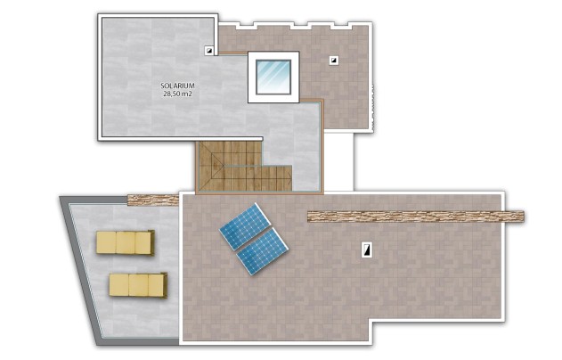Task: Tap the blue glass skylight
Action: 273,75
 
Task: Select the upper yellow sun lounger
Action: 126,241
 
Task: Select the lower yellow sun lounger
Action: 138,284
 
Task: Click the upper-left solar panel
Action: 243,226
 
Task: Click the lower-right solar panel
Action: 264,250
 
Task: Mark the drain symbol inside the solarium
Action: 208,51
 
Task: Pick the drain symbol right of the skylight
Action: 333,61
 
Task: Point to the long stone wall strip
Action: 415,216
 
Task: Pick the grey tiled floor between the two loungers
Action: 134,262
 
